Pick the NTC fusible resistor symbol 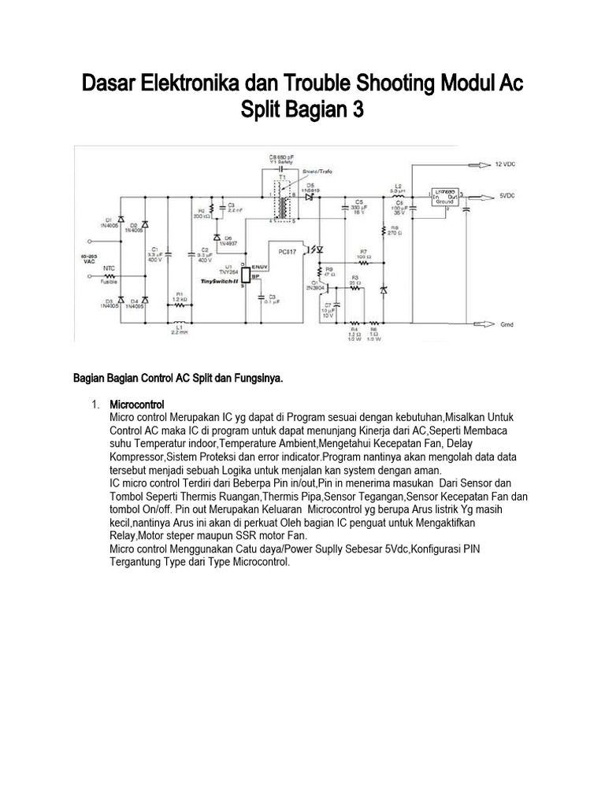point(110,276)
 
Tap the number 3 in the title point(358,111)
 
